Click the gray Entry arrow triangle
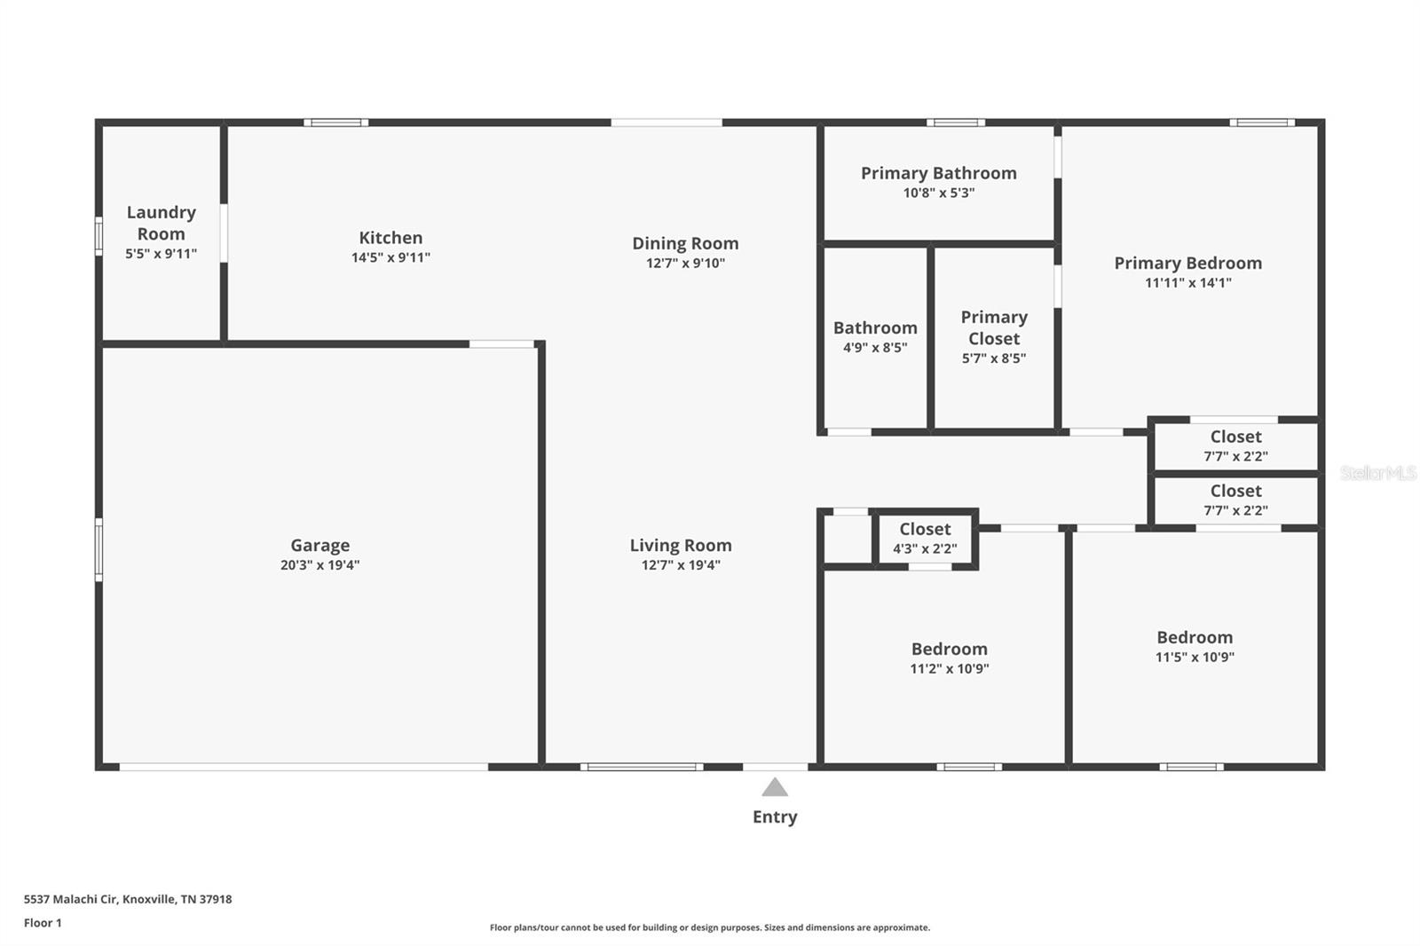[775, 788]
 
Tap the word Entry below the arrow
[775, 817]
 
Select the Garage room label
[319, 546]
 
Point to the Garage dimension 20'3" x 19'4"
[319, 565]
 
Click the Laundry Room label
[161, 223]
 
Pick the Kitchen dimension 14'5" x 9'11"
[390, 257]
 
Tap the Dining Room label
[685, 243]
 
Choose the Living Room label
[681, 546]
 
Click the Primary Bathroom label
[938, 173]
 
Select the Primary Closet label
[994, 327]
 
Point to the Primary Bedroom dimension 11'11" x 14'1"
[1187, 283]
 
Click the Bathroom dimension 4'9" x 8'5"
[874, 348]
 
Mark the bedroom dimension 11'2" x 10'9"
[949, 669]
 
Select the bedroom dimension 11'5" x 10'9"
[1194, 658]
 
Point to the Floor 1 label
[43, 923]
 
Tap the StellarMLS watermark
[1377, 473]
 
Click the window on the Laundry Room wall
[99, 237]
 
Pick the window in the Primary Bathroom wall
[956, 122]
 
